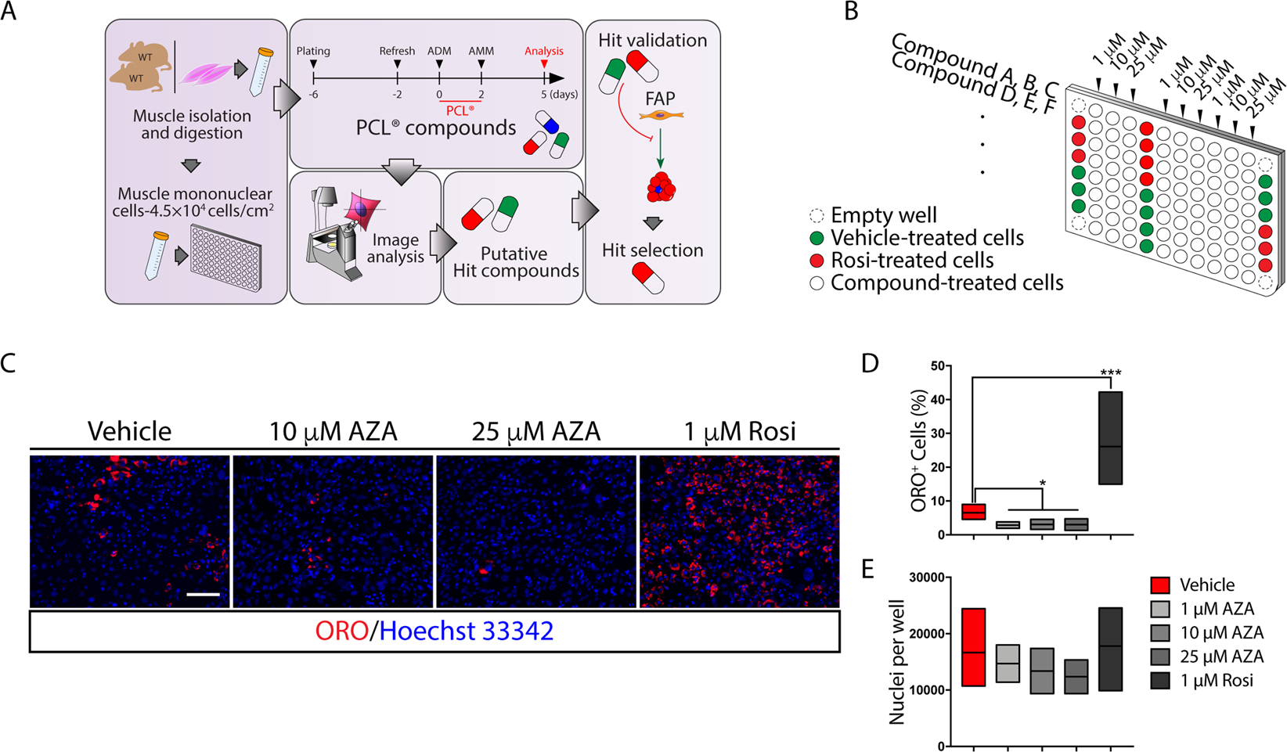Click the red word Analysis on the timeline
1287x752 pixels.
pyautogui.click(x=543, y=51)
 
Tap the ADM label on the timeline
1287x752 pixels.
pyautogui.click(x=439, y=51)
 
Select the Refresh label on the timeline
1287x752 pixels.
pyautogui.click(x=397, y=51)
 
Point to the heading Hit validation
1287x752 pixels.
pyautogui.click(x=652, y=40)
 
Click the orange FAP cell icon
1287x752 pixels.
pyautogui.click(x=661, y=116)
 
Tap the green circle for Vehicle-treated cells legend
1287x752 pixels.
pyautogui.click(x=817, y=238)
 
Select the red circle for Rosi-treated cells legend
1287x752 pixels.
pyautogui.click(x=817, y=261)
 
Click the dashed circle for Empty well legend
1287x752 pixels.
pyautogui.click(x=817, y=215)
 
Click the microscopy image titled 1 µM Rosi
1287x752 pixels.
pyautogui.click(x=739, y=531)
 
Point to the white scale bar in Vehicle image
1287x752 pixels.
pyautogui.click(x=203, y=595)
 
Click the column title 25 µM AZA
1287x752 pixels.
pyautogui.click(x=536, y=431)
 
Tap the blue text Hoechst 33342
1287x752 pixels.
pyautogui.click(x=467, y=631)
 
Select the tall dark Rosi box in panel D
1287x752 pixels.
pyautogui.click(x=1110, y=437)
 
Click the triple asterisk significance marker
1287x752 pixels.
pyautogui.click(x=1111, y=372)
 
